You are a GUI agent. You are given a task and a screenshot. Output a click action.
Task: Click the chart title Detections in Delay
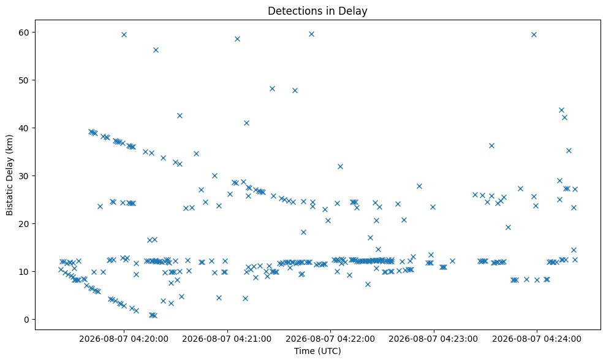317,11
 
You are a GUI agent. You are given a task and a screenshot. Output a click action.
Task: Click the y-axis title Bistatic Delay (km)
9,175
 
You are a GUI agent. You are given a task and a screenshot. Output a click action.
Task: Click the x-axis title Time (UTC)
317,351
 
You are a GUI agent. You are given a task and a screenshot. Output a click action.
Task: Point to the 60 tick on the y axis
24,32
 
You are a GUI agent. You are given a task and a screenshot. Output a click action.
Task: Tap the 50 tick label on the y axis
24,80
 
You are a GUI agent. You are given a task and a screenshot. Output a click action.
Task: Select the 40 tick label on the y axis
24,128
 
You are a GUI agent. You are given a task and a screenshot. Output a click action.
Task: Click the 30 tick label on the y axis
24,175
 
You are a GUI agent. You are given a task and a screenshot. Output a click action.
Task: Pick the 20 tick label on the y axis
24,224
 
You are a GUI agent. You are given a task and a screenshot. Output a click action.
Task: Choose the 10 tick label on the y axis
24,271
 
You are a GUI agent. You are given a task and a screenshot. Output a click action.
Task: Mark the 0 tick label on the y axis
27,320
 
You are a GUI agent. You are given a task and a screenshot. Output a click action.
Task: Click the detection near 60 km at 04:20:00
124,34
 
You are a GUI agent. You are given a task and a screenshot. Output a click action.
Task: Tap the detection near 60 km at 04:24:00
534,34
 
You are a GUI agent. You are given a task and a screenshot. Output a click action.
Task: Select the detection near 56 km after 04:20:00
156,50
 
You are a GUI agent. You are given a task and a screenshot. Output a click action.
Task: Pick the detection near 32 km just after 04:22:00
341,166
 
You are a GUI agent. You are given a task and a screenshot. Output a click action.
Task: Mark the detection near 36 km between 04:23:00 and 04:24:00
491,145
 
